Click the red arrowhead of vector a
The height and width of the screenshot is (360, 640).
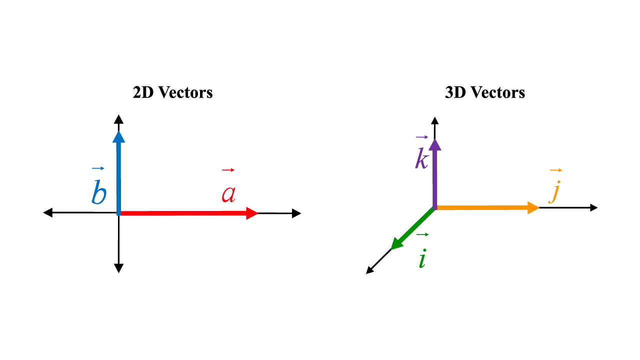[252, 213]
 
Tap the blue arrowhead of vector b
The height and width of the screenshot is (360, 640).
[119, 137]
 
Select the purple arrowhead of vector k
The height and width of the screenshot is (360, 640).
[435, 145]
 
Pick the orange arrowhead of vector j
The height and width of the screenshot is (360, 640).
[533, 207]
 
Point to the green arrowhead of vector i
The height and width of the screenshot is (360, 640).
[397, 243]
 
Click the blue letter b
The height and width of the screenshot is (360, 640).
[99, 191]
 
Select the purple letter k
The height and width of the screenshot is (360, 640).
[421, 158]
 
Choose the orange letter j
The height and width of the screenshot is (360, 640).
[554, 192]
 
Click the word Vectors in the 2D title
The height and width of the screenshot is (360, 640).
[185, 92]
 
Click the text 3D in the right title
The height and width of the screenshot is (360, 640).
[455, 92]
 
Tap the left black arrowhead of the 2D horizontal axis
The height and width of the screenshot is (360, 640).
[47, 212]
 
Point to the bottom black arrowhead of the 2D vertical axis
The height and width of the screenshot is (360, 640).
[118, 268]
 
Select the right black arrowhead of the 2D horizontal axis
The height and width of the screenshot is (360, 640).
[296, 213]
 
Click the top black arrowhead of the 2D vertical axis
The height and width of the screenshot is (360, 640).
[118, 119]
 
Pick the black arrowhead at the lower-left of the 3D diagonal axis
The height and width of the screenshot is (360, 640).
[370, 270]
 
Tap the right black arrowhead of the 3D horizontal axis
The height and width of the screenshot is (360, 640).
[593, 207]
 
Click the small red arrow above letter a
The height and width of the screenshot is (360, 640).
[228, 170]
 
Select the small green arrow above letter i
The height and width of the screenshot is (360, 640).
[422, 234]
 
